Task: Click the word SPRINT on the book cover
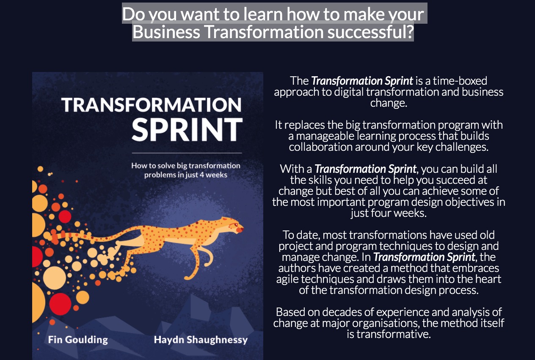point(187,130)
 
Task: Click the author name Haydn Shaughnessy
point(201,340)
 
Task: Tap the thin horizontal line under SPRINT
point(187,152)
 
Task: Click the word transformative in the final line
point(393,334)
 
